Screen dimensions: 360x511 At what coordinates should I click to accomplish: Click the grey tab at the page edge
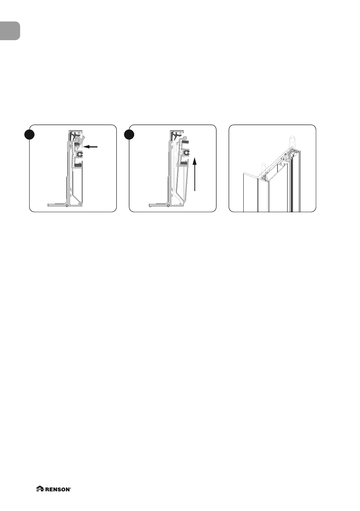10,31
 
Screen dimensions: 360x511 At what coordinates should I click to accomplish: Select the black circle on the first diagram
30,135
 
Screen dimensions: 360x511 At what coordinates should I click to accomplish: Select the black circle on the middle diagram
129,135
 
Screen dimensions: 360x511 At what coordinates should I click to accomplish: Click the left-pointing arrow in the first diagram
91,147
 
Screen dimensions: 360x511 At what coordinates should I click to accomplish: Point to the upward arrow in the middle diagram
194,175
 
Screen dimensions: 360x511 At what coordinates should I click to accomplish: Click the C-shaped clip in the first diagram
80,154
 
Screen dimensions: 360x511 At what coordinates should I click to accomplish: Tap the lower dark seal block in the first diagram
78,165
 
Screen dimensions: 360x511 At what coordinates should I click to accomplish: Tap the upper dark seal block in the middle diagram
185,142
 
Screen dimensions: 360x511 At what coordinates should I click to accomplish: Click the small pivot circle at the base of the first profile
67,205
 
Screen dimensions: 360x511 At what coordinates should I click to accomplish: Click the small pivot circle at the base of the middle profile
168,205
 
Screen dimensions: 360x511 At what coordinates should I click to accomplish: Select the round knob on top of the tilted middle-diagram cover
185,138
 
